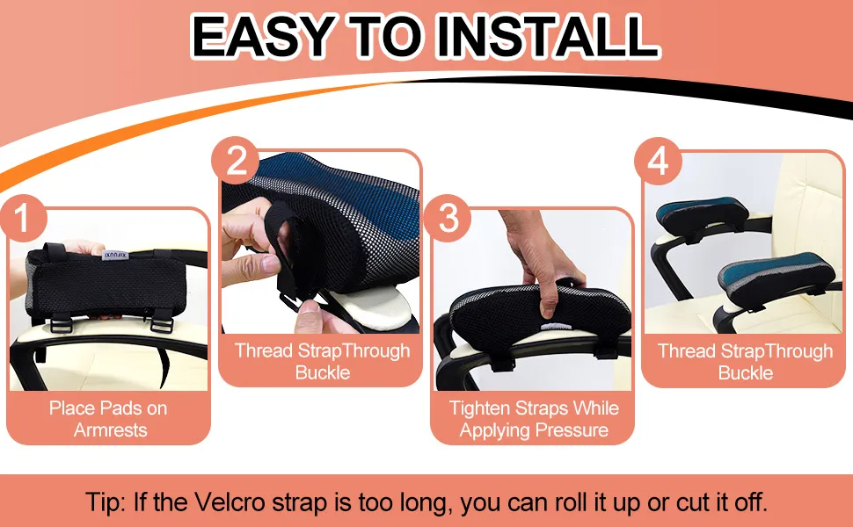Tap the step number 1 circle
tap(23, 219)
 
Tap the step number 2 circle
tap(235, 160)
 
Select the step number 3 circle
tap(448, 219)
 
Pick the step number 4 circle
tap(659, 161)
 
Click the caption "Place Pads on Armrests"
tap(109, 419)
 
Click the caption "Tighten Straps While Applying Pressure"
tap(534, 419)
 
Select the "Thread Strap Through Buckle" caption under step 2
tap(322, 361)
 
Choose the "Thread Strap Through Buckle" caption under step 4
tap(746, 362)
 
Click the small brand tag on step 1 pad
tap(115, 254)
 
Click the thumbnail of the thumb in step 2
tap(270, 264)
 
